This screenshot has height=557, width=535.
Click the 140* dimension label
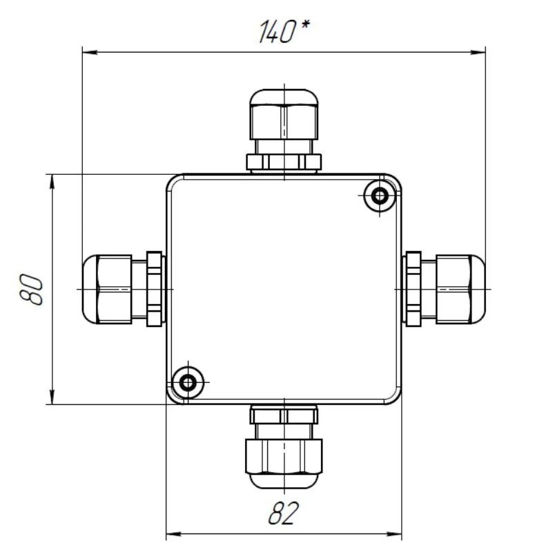(284, 31)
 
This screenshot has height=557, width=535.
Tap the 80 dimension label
(31, 289)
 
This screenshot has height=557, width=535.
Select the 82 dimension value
(284, 513)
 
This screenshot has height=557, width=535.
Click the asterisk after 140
(304, 25)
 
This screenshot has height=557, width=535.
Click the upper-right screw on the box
(380, 196)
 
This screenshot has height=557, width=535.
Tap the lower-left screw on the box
(188, 383)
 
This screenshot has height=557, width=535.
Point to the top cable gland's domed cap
(284, 97)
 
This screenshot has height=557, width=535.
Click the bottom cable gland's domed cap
(284, 480)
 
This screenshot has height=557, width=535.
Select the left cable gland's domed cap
(90, 289)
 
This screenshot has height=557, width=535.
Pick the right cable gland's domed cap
(478, 289)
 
